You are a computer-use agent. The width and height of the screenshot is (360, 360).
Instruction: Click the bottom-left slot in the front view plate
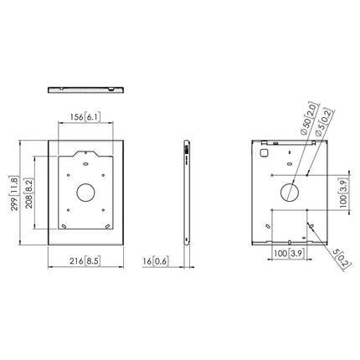pyautogui.click(x=65, y=224)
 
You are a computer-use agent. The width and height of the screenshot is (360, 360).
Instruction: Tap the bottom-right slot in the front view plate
pyautogui.click(x=107, y=224)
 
